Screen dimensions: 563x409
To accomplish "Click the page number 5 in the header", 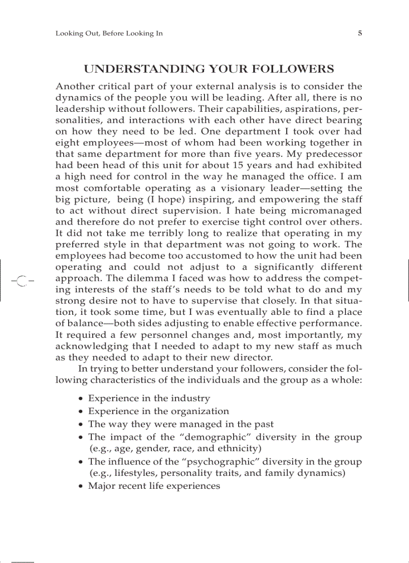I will (x=359, y=34).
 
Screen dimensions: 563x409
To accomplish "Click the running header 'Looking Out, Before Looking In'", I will (x=109, y=34).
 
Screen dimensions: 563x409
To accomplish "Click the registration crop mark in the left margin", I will (x=21, y=281).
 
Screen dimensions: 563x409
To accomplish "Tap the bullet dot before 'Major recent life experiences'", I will (x=81, y=487).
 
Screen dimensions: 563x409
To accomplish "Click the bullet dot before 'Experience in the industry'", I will (x=81, y=399).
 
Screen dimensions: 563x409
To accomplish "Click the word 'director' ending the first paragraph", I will (x=253, y=357).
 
